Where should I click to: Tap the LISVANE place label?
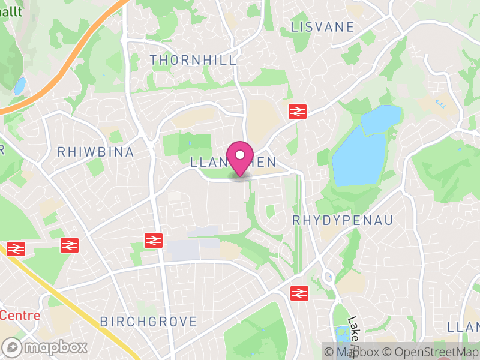pos(322,27)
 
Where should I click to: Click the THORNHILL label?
pos(193,60)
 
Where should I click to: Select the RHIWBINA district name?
pos(95,152)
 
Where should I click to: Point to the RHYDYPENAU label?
pos(343,220)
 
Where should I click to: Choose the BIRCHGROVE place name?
pos(149,322)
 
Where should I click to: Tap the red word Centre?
pos(20,316)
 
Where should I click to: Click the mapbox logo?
pos(46,347)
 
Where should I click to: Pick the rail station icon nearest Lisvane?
pos(297,111)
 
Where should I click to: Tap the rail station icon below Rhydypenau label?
pos(298,293)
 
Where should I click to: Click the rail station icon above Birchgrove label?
pos(154,240)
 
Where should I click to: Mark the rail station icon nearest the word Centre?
pos(16,248)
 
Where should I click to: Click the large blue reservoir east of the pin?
pos(358,159)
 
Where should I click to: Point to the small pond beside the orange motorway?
pos(19,86)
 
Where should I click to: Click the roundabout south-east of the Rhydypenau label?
pos(328,277)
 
